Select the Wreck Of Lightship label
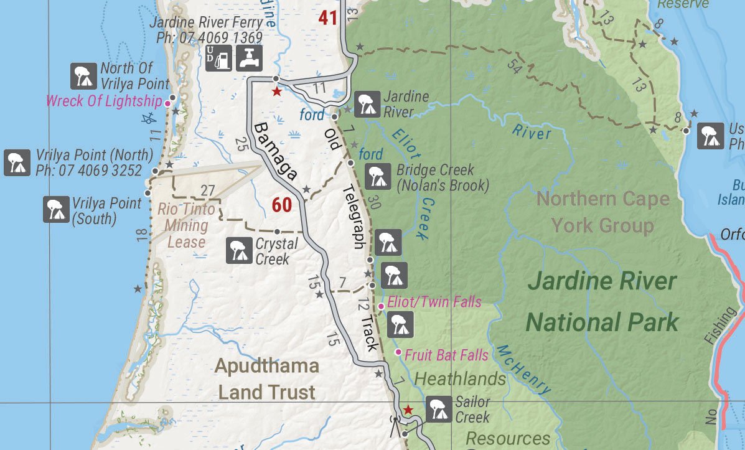coord(104,101)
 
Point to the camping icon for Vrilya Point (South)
coord(56,209)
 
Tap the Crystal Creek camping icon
coord(238,251)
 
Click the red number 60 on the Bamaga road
coord(281,204)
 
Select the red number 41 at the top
coord(327,17)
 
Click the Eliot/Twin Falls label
coord(434,302)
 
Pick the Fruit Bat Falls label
coord(447,355)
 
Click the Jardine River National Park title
coord(602,302)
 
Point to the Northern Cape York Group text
coord(602,212)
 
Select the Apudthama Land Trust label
coord(267,379)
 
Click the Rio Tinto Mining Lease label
coord(186,225)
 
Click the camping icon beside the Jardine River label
coord(367,104)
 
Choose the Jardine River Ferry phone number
coord(209,37)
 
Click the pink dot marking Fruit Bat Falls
coord(398,352)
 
